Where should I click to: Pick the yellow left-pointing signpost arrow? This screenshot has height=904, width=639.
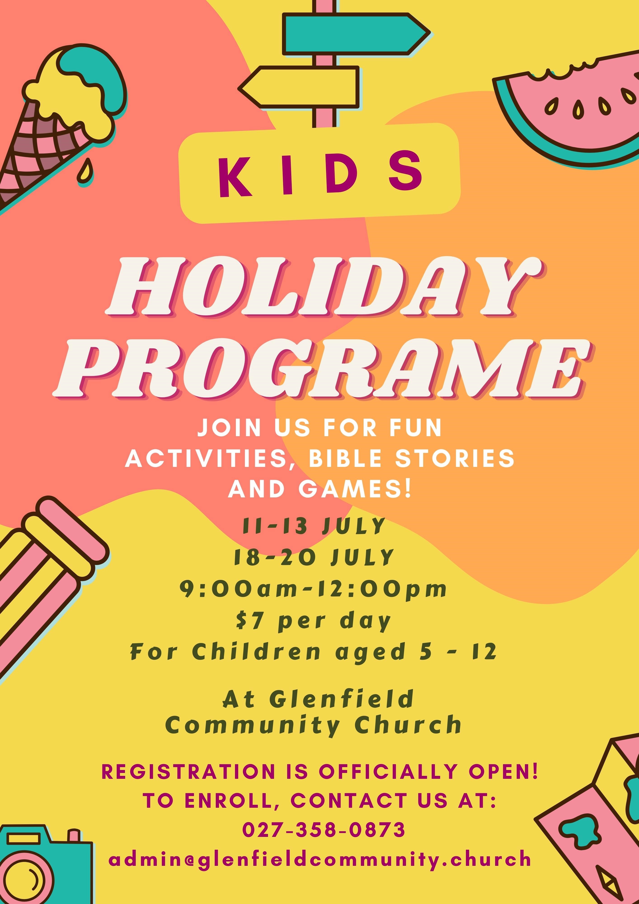(x=299, y=87)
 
